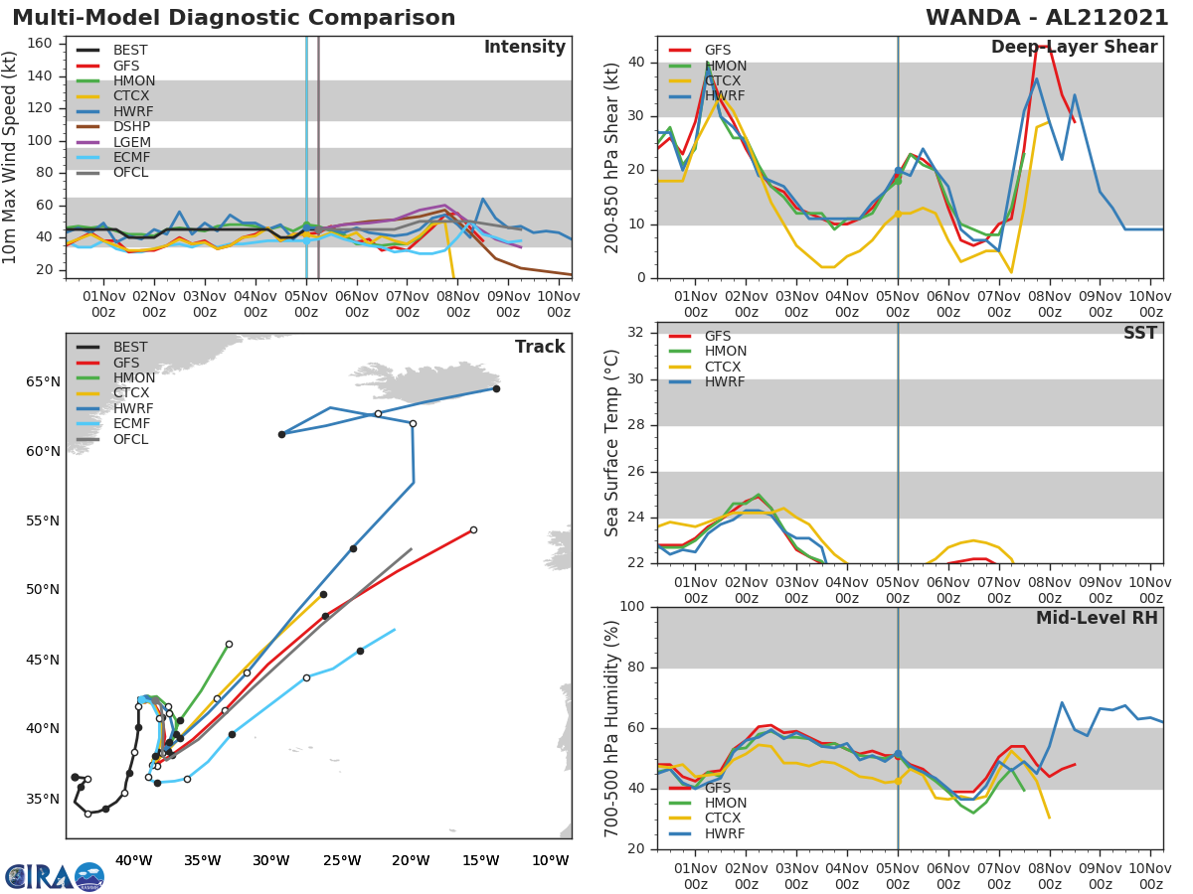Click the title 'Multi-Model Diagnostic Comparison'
pyautogui.click(x=234, y=18)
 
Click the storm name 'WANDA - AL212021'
pyautogui.click(x=1047, y=18)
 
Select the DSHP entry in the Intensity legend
pyautogui.click(x=131, y=126)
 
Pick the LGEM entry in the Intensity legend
pyautogui.click(x=132, y=142)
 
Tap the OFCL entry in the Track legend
pyautogui.click(x=130, y=439)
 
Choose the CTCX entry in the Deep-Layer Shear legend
pyautogui.click(x=725, y=80)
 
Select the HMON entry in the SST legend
pyautogui.click(x=725, y=352)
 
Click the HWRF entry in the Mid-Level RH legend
pyautogui.click(x=725, y=833)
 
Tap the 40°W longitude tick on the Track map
pyautogui.click(x=133, y=859)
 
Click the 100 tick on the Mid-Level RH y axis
pyautogui.click(x=631, y=607)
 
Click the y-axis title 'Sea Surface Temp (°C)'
pyautogui.click(x=612, y=443)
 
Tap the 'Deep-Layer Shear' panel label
pyautogui.click(x=1074, y=48)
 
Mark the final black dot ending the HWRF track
pyautogui.click(x=281, y=434)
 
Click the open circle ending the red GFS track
pyautogui.click(x=473, y=529)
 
